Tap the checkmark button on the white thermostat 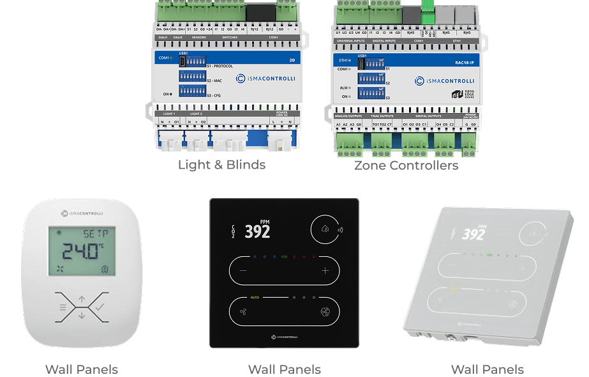pyautogui.click(x=99, y=307)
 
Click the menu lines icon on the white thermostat pyautogui.click(x=63, y=307)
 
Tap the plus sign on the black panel pyautogui.click(x=325, y=270)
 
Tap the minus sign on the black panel pyautogui.click(x=243, y=270)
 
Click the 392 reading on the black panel pyautogui.click(x=257, y=231)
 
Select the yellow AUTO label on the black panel pyautogui.click(x=255, y=298)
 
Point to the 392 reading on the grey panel pyautogui.click(x=473, y=235)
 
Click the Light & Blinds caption pyautogui.click(x=221, y=165)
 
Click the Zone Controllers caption pyautogui.click(x=406, y=165)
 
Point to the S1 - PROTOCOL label pyautogui.click(x=219, y=66)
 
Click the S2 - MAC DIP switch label pyautogui.click(x=214, y=81)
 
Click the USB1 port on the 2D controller pyautogui.click(x=183, y=61)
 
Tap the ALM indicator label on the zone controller pyautogui.click(x=344, y=88)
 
